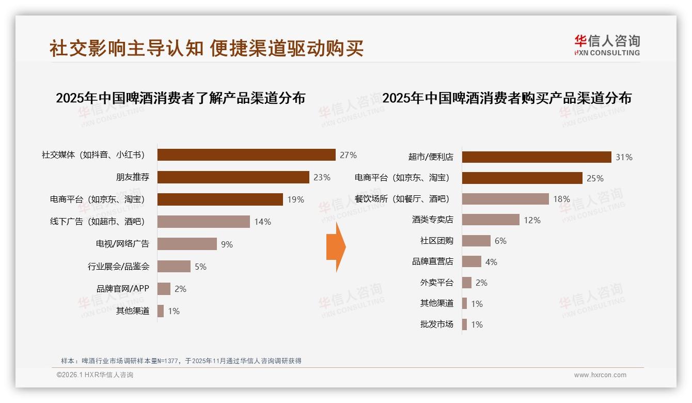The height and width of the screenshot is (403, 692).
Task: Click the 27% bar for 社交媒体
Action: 246,154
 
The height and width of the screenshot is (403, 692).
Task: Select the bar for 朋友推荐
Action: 233,177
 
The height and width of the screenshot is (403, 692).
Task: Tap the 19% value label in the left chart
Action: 296,199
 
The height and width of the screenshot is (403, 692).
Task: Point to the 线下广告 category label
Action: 97,222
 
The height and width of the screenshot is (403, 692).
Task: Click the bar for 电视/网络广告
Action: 187,244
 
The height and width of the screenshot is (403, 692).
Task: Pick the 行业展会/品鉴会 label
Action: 118,267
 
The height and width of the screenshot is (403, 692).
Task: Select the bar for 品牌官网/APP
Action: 164,289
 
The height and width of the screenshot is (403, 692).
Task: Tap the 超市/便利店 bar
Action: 537,157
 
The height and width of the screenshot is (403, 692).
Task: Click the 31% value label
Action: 624,157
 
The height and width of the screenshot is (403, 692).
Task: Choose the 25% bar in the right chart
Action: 522,178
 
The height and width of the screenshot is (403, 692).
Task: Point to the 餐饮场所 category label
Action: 402,199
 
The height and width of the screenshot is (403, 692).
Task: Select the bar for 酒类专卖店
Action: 491,220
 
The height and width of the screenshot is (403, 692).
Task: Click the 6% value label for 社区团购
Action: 500,241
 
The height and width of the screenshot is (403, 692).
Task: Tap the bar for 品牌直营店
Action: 471,261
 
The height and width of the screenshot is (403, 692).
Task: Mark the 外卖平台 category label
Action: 436,283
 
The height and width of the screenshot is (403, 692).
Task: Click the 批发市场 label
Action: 436,324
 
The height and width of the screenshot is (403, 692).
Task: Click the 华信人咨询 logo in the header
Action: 607,45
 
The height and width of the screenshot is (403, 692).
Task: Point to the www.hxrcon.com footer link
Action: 600,375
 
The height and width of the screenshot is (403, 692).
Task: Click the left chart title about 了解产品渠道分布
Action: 180,98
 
